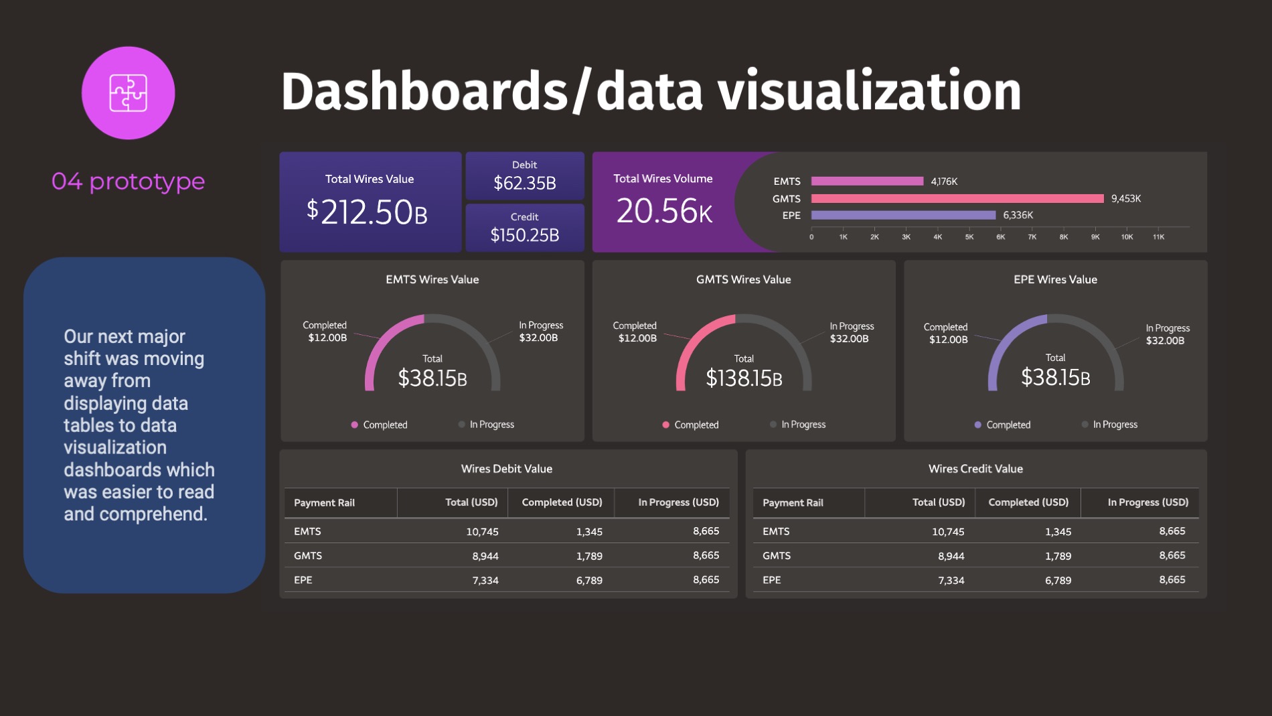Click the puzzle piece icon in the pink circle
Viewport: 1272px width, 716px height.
coord(128,93)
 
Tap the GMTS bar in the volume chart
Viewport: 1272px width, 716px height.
coord(957,198)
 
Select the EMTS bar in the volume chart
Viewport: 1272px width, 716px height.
coord(867,181)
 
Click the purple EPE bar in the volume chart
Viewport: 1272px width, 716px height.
coord(903,215)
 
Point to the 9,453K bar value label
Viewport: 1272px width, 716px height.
coord(1125,198)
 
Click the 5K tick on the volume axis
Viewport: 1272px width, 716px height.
coord(969,237)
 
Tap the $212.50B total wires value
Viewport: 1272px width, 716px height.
coord(367,212)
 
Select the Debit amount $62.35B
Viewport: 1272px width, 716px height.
coord(524,183)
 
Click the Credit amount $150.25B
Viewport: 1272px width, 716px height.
coord(524,235)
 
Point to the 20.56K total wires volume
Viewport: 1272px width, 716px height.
coord(664,211)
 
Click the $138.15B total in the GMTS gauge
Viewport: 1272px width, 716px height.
coord(744,378)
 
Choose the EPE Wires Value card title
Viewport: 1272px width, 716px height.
coord(1055,279)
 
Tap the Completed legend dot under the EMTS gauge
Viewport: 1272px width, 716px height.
coord(354,425)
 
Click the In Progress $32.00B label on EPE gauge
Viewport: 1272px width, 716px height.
coord(1167,334)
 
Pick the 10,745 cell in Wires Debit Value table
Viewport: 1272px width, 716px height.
coord(482,532)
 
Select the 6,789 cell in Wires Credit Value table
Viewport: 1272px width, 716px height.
coord(1058,580)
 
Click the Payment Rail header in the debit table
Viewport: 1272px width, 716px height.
coord(324,503)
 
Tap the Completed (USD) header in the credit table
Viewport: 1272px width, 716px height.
coord(1028,502)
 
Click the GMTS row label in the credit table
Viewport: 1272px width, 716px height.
coord(777,556)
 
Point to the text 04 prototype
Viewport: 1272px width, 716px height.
coord(128,182)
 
